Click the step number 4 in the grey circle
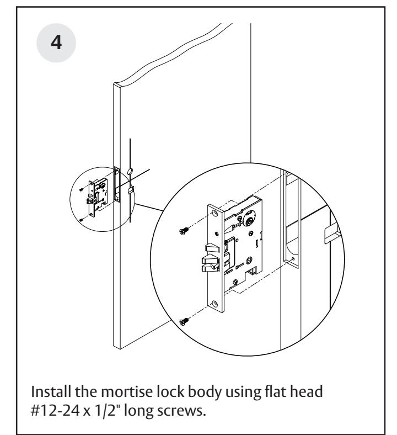[56, 43]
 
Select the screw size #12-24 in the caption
[55, 411]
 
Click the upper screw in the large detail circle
[184, 231]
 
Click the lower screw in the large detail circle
[184, 321]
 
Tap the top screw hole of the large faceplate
[214, 213]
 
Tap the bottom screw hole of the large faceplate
[214, 304]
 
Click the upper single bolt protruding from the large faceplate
[211, 248]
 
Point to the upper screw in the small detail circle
[81, 190]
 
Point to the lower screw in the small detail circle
[81, 220]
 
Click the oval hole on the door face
[130, 172]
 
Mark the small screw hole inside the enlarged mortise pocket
[293, 259]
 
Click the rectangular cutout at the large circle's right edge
[332, 234]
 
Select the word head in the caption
[306, 391]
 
